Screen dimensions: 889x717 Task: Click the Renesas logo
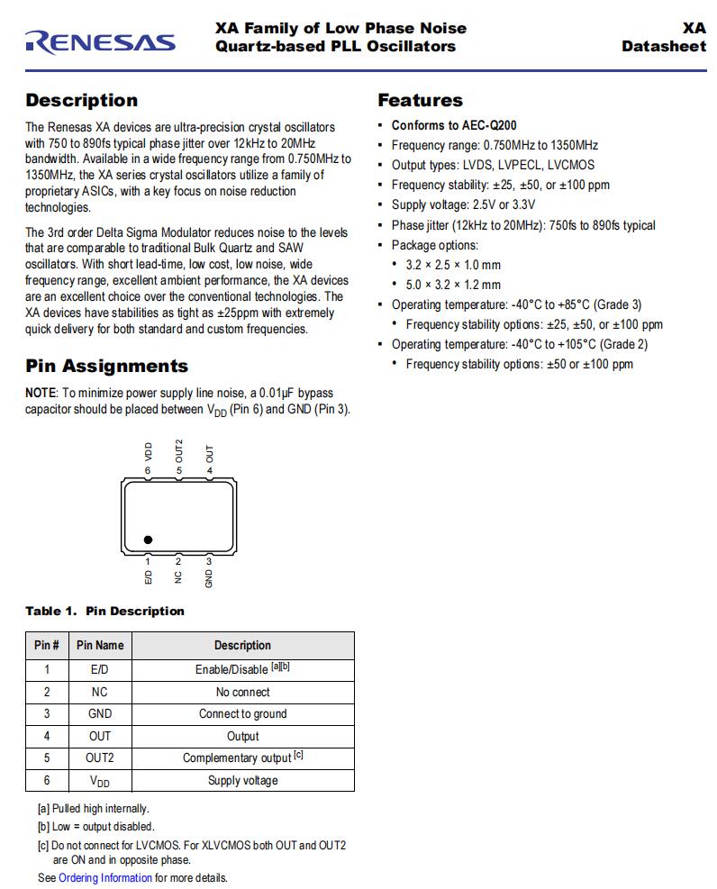pos(99,41)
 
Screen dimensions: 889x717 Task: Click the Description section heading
pos(81,100)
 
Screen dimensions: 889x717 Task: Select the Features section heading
pos(420,100)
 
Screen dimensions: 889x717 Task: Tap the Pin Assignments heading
pos(106,366)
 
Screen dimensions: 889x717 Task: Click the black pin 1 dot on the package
pos(148,540)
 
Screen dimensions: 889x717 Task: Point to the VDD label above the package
pos(149,450)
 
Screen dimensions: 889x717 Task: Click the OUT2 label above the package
pos(179,449)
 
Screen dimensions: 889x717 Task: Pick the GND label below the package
pos(209,578)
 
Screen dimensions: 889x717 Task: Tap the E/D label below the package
pos(149,576)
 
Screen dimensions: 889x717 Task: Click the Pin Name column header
pos(100,645)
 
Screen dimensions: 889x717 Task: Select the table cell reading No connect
pos(242,692)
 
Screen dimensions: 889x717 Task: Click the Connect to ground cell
pos(242,713)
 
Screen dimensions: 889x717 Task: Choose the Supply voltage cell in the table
pos(242,780)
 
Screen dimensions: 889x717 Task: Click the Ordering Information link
pos(105,877)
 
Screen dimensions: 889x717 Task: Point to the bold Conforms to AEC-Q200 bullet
pos(453,125)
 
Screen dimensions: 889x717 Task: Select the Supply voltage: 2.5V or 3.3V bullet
pos(463,204)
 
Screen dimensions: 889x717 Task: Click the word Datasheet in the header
pos(663,46)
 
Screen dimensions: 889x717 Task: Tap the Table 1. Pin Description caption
pos(104,611)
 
